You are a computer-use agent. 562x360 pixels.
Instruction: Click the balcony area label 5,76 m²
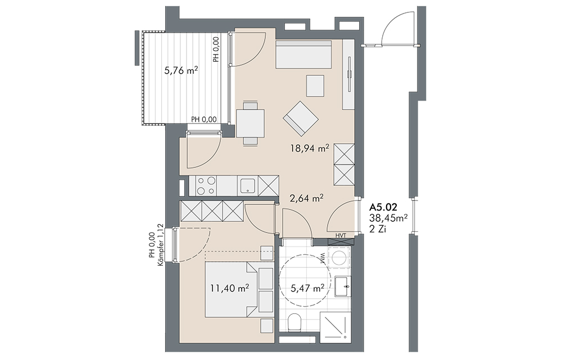182,71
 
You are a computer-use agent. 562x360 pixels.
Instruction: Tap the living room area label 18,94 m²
310,148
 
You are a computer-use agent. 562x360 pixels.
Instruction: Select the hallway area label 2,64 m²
307,198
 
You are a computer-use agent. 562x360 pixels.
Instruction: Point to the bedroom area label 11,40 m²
230,288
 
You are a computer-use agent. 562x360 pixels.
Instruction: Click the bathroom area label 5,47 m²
307,288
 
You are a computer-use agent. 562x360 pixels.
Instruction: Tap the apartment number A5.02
383,207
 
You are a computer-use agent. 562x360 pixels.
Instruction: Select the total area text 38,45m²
388,218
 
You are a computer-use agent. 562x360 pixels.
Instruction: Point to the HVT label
341,235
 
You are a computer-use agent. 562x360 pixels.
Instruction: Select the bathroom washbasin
343,286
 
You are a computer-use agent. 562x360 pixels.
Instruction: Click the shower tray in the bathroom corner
334,326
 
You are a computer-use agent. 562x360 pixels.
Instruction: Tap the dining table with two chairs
251,123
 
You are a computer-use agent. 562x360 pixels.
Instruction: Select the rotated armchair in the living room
301,118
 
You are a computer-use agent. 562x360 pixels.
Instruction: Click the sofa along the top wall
303,54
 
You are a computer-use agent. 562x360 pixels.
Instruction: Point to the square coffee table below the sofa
315,85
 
